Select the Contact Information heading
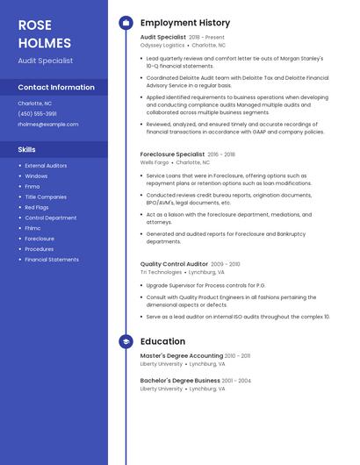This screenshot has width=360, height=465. pyautogui.click(x=56, y=88)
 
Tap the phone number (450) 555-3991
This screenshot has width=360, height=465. pyautogui.click(x=37, y=114)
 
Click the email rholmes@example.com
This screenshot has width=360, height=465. pyautogui.click(x=48, y=125)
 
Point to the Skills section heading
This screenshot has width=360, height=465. pyautogui.click(x=27, y=150)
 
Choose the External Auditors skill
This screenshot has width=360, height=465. pyautogui.click(x=46, y=166)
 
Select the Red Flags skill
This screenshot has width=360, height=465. pyautogui.click(x=37, y=207)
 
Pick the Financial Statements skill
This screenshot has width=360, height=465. pyautogui.click(x=52, y=260)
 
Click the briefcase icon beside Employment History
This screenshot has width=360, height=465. pyautogui.click(x=126, y=23)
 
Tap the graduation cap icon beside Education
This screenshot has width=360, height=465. pyautogui.click(x=126, y=341)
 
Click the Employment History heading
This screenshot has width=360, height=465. pyautogui.click(x=185, y=23)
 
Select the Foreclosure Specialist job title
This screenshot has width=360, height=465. pyautogui.click(x=172, y=154)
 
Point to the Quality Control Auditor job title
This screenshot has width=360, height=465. pyautogui.click(x=174, y=264)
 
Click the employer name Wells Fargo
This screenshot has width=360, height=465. pyautogui.click(x=155, y=162)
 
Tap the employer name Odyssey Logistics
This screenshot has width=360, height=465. pyautogui.click(x=162, y=45)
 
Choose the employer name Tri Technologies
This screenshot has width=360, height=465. pyautogui.click(x=161, y=272)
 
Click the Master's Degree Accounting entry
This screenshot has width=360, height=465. pyautogui.click(x=182, y=356)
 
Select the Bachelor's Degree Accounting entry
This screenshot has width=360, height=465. pyautogui.click(x=179, y=381)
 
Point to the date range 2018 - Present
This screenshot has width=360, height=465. pyautogui.click(x=206, y=38)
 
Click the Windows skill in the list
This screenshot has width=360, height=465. pyautogui.click(x=36, y=176)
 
